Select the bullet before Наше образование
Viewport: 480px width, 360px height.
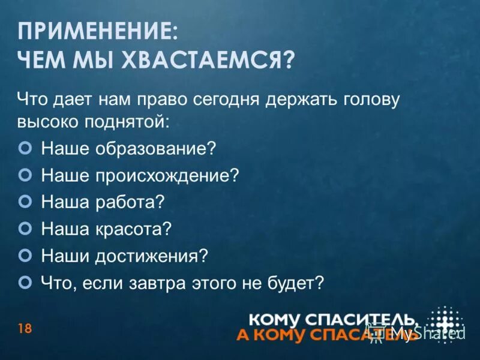25,146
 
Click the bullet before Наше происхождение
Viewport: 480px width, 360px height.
25,174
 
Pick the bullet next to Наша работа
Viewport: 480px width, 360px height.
25,201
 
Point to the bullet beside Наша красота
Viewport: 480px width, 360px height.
25,228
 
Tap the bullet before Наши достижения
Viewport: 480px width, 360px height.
25,255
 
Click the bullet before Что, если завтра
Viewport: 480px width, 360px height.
25,282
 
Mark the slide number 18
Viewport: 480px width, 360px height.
25,328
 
